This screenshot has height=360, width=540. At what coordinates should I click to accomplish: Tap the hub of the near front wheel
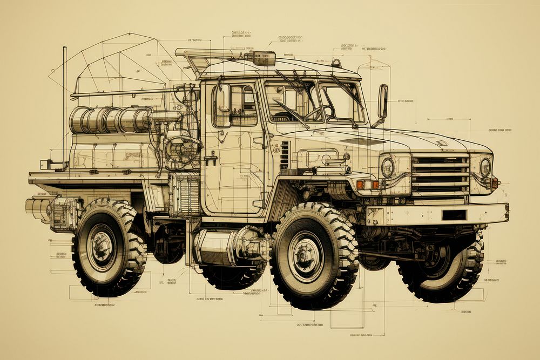pos(306,253)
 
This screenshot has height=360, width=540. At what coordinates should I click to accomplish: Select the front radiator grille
pos(440,173)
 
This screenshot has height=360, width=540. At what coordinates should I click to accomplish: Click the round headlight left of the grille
pos(388,167)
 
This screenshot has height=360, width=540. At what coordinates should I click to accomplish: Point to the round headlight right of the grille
pos(485,167)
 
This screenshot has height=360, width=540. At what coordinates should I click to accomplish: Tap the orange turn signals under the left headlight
pos(367,185)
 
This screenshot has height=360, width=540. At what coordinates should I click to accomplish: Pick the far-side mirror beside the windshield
pos(382,101)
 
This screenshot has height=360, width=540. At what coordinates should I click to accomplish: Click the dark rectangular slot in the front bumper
pos(454,215)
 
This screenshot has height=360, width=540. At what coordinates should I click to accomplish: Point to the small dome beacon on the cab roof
pos(336,63)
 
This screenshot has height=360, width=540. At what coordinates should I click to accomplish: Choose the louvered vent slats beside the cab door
pos(285,155)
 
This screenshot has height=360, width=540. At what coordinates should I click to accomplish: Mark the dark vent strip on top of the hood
pos(363,141)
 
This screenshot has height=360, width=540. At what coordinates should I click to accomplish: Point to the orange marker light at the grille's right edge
pos(494,183)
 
